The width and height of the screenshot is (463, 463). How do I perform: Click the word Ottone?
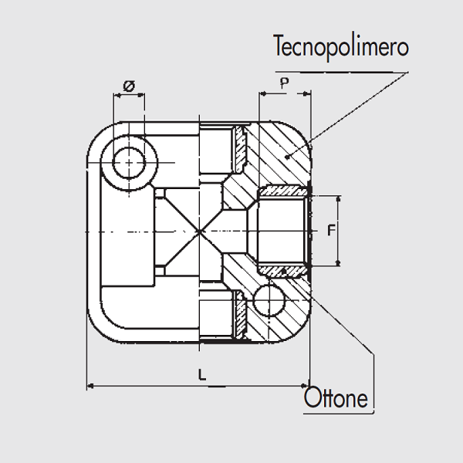click(x=336, y=398)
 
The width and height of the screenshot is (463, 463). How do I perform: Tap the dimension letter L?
click(x=201, y=374)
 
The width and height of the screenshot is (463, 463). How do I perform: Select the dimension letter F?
click(x=330, y=230)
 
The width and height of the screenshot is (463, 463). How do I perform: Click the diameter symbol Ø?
click(x=129, y=86)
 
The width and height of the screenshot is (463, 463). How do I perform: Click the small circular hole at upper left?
click(x=128, y=163)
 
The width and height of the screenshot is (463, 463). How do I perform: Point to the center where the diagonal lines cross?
click(x=199, y=231)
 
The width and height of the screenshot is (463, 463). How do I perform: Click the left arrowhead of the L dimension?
click(x=91, y=385)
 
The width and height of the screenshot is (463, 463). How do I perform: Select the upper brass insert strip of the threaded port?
click(x=282, y=191)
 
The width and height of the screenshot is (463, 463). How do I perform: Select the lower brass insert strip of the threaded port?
click(x=282, y=270)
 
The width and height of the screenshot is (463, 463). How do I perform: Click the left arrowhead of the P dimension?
click(x=263, y=94)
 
